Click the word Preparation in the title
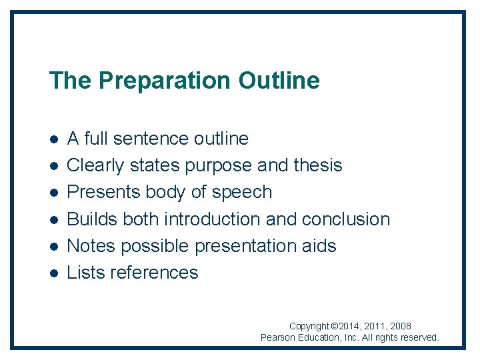[164, 81]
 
